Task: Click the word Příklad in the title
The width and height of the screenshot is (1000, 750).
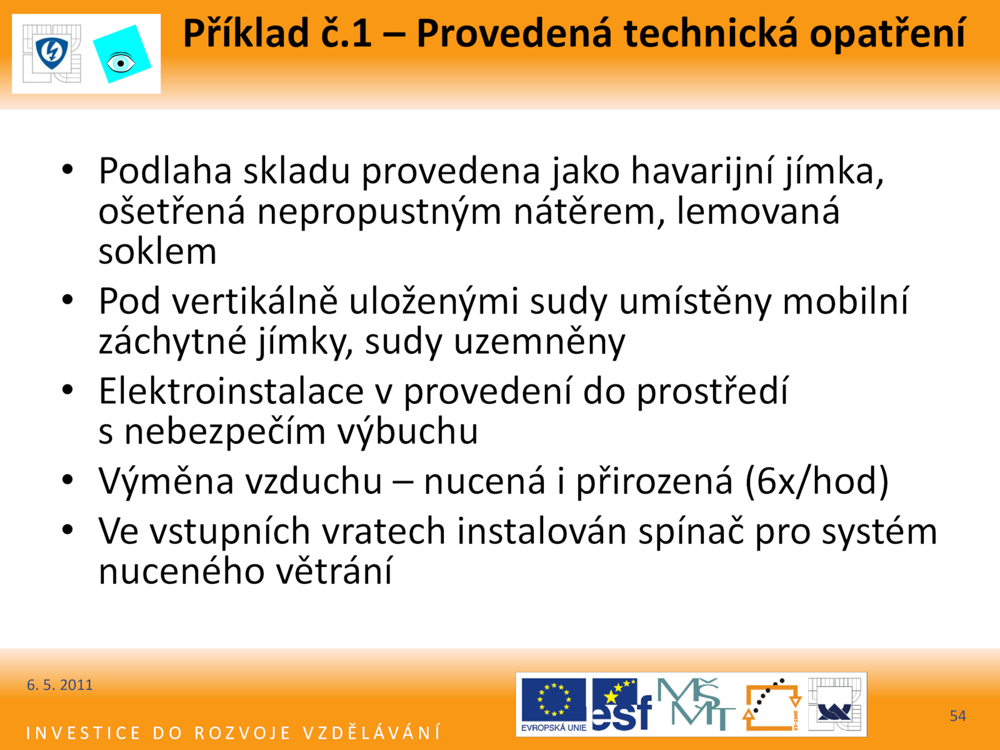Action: click(246, 34)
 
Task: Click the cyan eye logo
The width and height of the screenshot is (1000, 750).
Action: click(122, 54)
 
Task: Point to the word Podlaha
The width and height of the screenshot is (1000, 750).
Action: click(165, 171)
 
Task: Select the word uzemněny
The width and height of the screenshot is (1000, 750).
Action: click(539, 342)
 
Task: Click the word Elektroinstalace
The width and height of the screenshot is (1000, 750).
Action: click(231, 391)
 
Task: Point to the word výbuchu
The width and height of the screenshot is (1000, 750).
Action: click(407, 431)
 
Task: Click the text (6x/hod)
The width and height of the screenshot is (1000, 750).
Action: click(816, 481)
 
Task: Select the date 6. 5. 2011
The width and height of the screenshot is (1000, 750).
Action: click(59, 685)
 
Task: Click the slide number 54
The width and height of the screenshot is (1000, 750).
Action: click(957, 716)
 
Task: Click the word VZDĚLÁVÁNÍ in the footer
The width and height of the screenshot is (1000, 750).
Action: click(372, 732)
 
